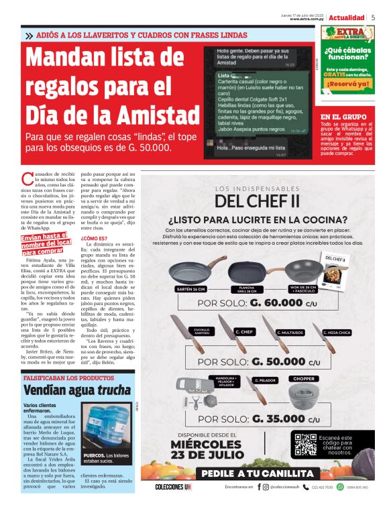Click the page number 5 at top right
[x=373, y=17]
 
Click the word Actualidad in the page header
[x=347, y=17]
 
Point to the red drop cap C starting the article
[x=26, y=179]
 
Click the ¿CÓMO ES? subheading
[x=93, y=238]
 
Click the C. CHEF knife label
[x=243, y=332]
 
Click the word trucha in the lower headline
[x=114, y=390]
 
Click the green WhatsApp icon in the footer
[x=340, y=487]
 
